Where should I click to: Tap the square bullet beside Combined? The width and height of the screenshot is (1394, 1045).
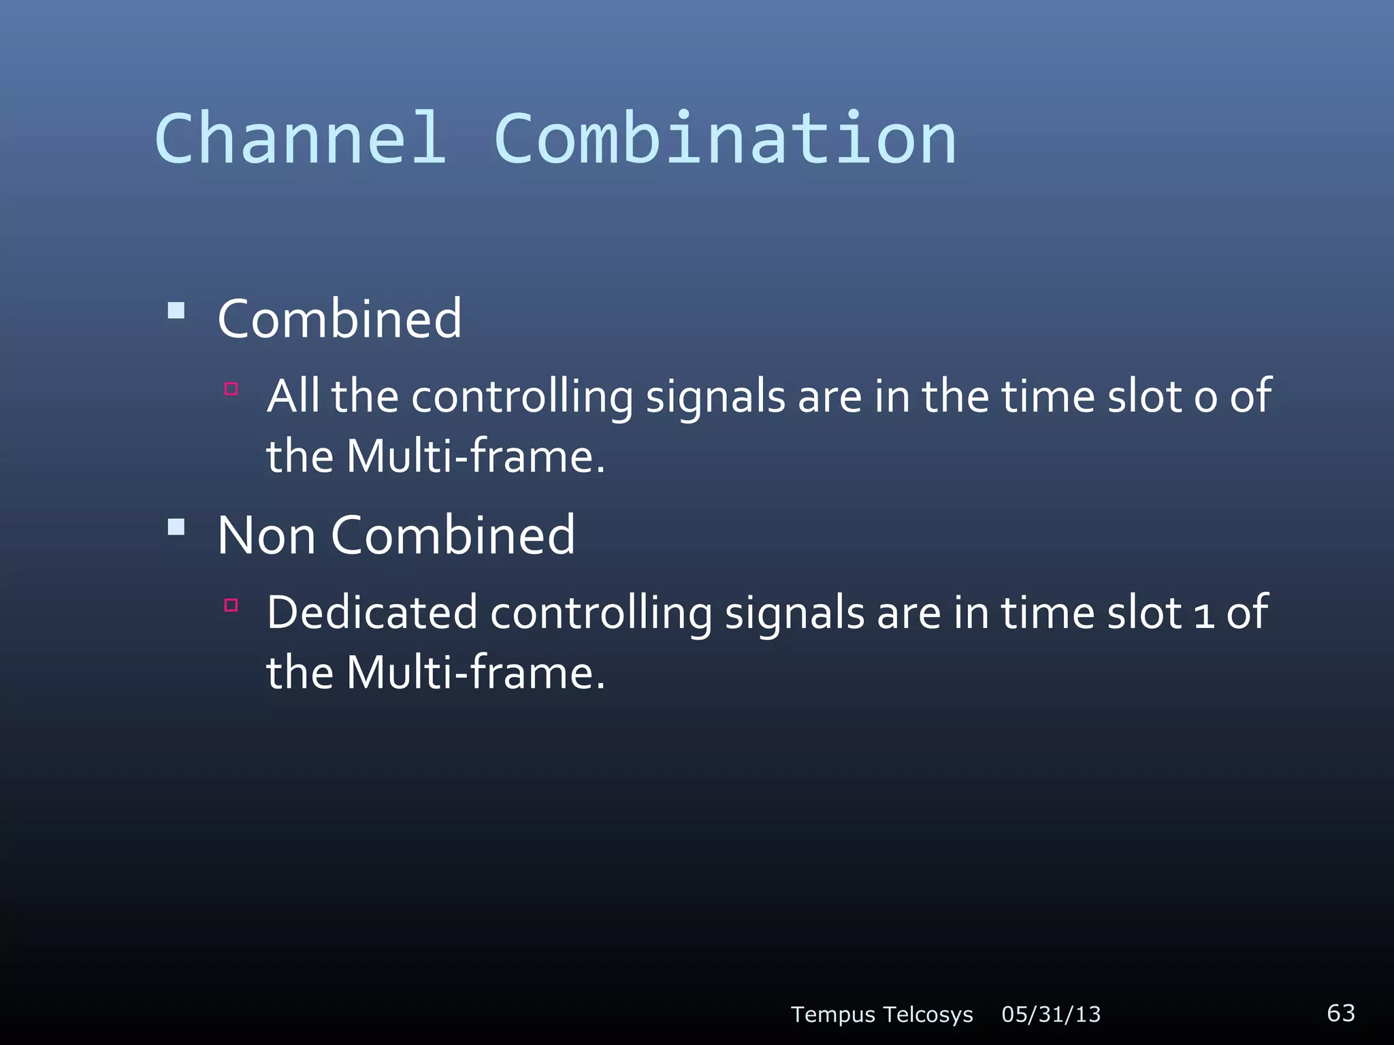tap(176, 311)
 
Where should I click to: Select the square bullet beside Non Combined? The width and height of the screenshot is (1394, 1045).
tap(176, 527)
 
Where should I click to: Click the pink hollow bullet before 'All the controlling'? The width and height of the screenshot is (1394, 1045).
tap(231, 389)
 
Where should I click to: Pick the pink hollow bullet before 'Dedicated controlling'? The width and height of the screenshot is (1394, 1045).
tap(231, 605)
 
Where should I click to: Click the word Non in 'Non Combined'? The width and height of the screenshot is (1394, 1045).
tap(266, 535)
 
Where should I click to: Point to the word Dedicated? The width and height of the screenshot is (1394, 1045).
tap(372, 612)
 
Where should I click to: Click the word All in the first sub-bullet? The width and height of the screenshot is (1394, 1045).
tap(293, 396)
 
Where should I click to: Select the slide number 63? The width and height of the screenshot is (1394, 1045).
tap(1340, 1012)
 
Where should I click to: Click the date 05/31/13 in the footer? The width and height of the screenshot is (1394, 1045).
tap(1051, 1014)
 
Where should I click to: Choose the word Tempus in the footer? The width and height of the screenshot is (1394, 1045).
tap(832, 1014)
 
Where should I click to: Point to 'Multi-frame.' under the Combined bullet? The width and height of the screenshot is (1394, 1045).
tap(476, 456)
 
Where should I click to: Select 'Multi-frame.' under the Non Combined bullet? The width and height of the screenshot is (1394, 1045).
tap(476, 672)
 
